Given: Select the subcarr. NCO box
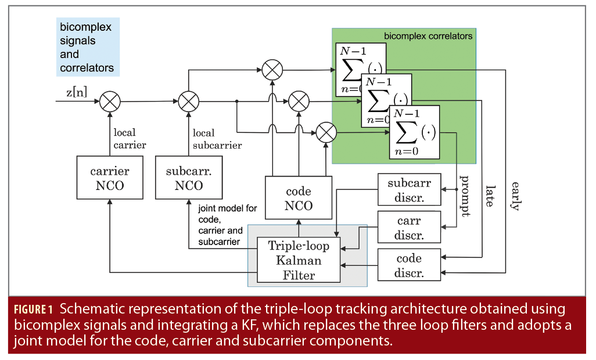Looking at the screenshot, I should click(x=188, y=179).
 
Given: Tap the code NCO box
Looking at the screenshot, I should click(x=299, y=199).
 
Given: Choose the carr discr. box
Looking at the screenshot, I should click(x=409, y=228).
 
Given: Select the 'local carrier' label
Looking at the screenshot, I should click(x=130, y=139).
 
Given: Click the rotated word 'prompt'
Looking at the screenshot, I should click(x=464, y=195).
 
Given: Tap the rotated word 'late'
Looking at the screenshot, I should click(x=490, y=196).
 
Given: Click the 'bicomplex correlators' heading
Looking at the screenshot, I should click(x=428, y=36).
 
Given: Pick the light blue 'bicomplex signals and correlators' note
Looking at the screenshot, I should click(x=87, y=48).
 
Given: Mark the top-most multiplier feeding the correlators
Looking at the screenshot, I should click(x=271, y=70).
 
